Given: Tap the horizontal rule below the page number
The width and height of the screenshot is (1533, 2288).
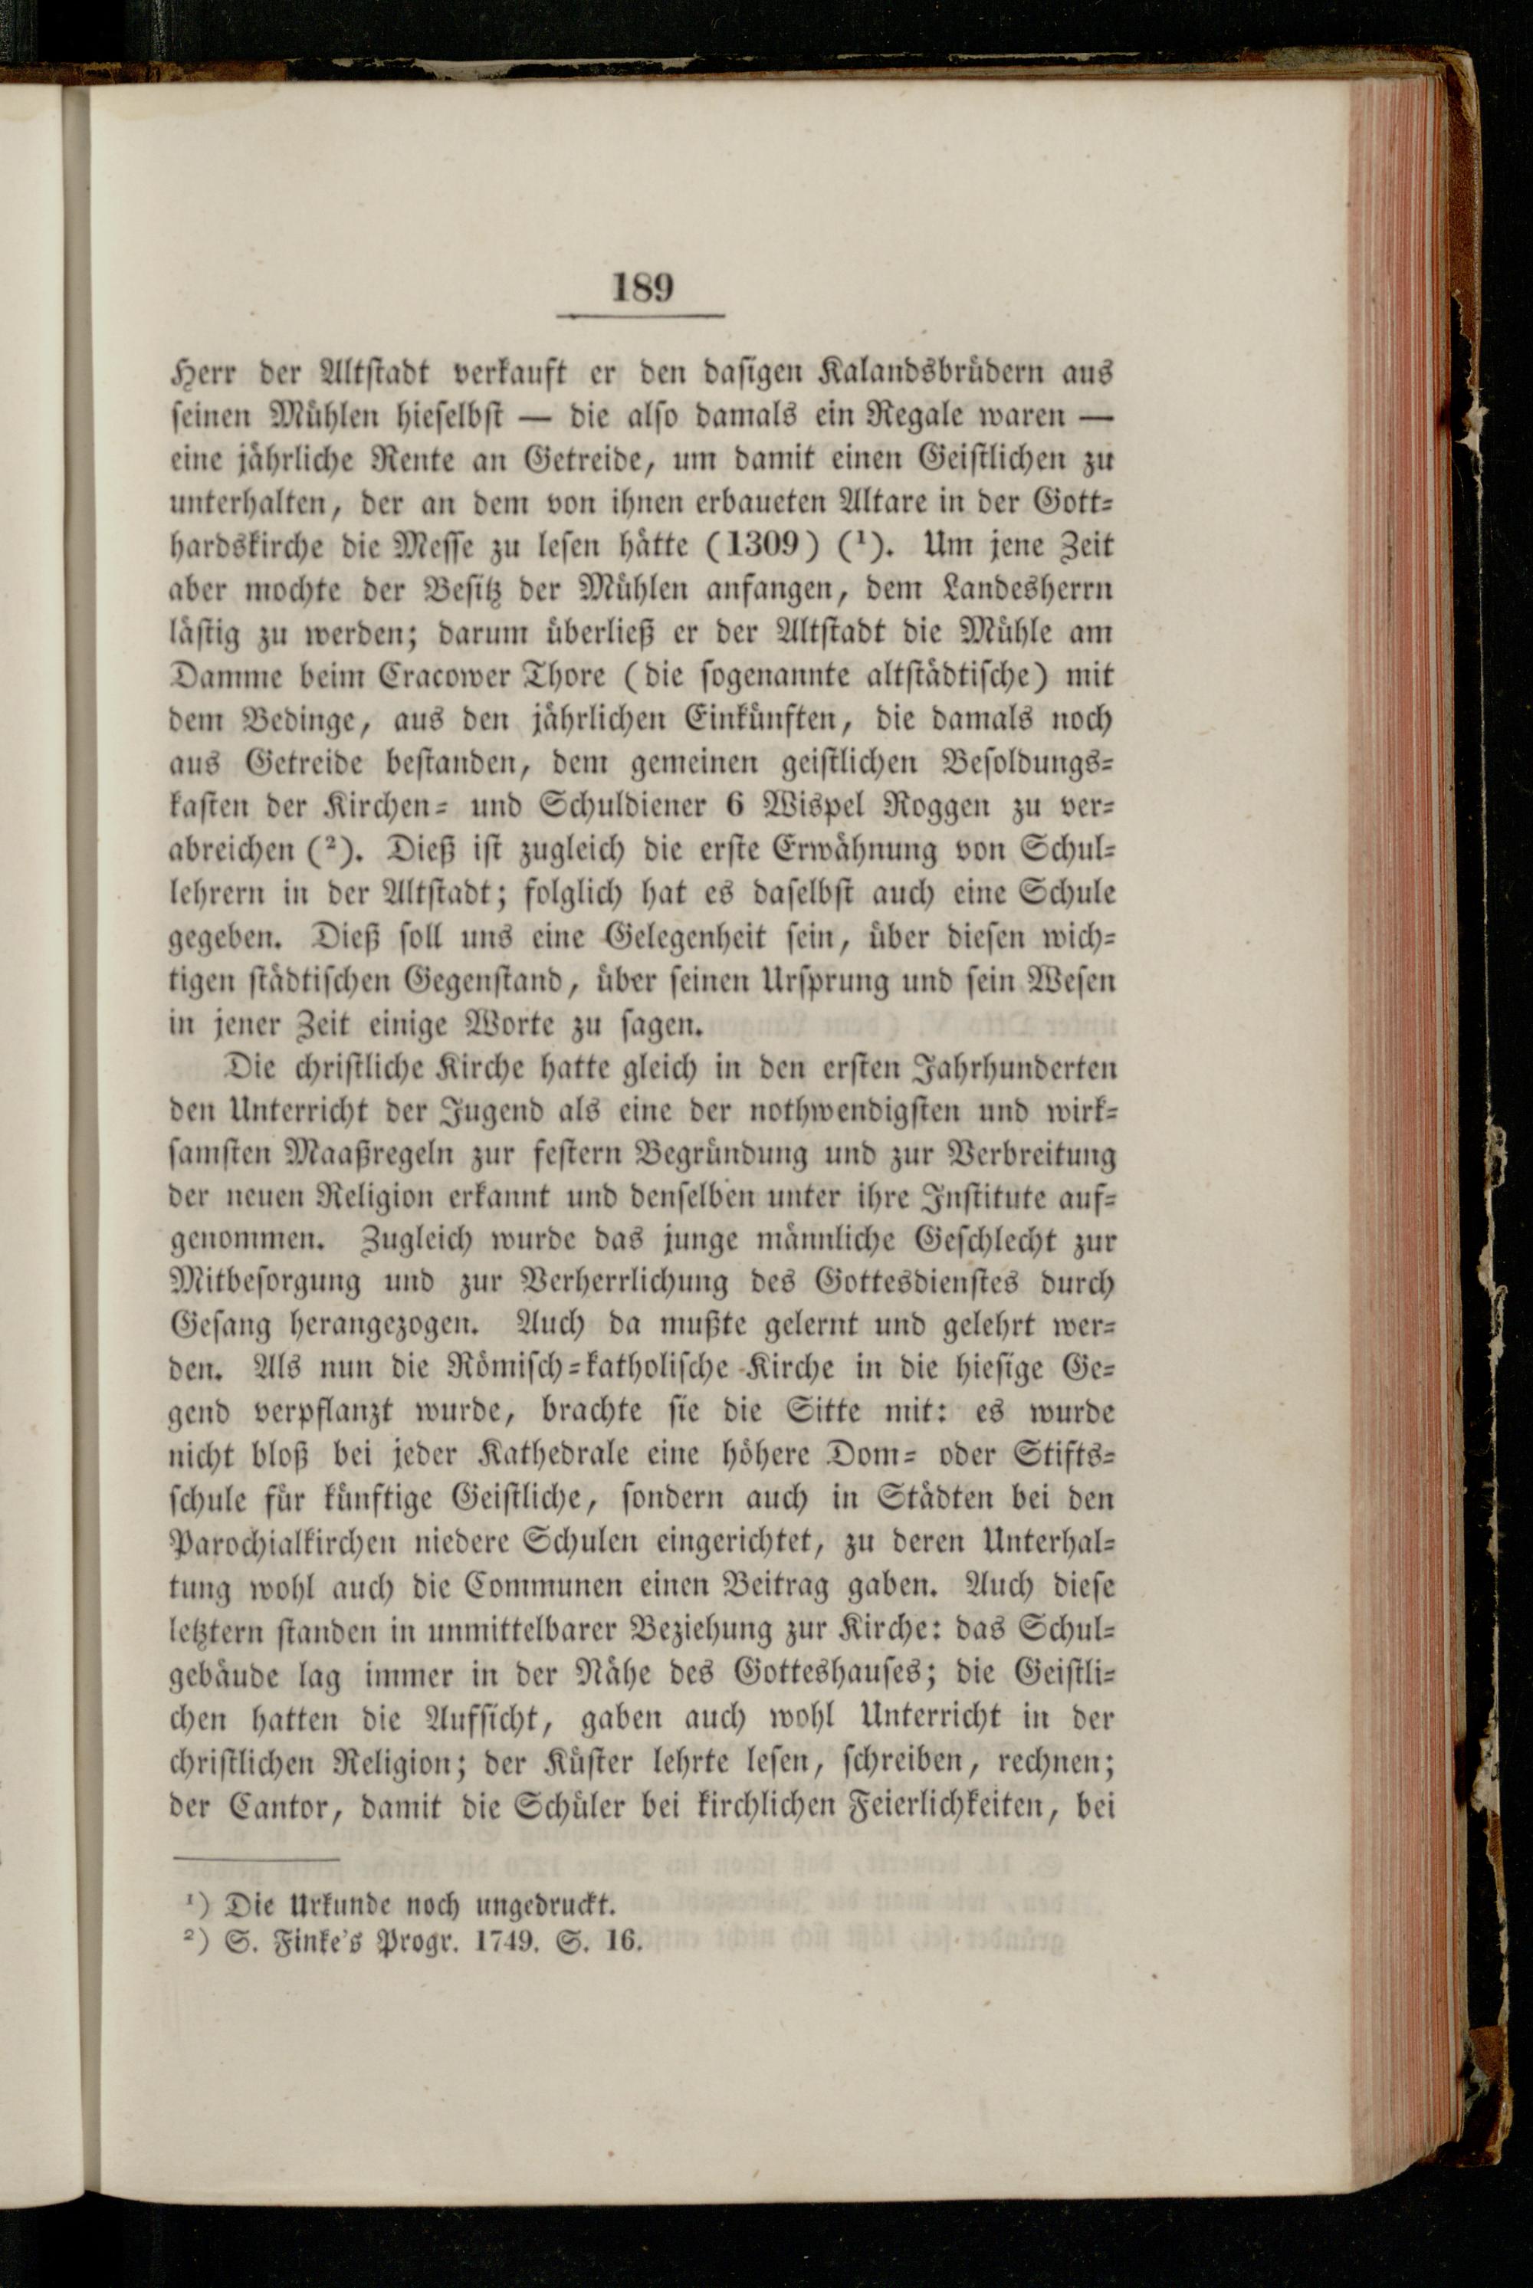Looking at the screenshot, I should point(640,316).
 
